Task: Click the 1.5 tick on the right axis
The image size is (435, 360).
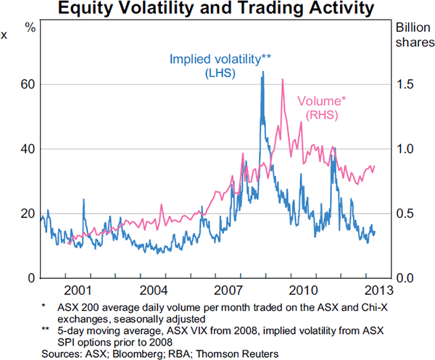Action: [405, 85]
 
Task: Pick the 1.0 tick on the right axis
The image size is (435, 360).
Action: [405, 149]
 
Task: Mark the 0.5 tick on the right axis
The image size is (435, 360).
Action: [405, 214]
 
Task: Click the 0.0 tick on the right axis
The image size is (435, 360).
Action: [405, 278]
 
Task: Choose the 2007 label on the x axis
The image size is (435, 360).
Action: [229, 290]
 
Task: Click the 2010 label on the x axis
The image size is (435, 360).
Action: [304, 290]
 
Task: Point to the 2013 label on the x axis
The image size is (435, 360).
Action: [378, 290]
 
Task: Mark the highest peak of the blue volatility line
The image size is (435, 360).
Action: [262, 72]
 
